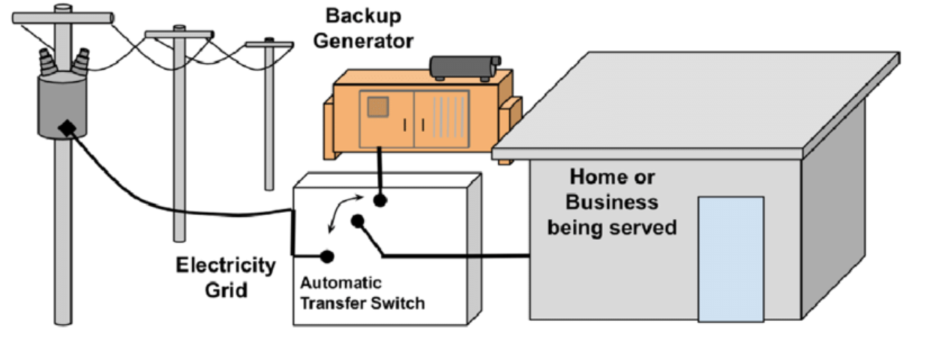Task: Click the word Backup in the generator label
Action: point(353,16)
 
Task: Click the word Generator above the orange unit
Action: point(363,40)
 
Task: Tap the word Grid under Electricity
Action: point(226,289)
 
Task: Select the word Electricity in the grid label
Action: point(226,265)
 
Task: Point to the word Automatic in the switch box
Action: point(340,283)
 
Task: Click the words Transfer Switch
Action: point(362,303)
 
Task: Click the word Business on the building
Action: point(612,202)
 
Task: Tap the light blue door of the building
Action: point(730,259)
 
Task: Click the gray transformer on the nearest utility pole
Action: point(62,105)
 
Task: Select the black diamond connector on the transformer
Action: point(67,128)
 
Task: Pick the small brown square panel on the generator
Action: point(378,107)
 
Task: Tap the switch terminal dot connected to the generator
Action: point(381,200)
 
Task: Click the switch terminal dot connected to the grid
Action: point(327,256)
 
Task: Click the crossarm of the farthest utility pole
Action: point(269,45)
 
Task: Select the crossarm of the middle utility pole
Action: point(179,34)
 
